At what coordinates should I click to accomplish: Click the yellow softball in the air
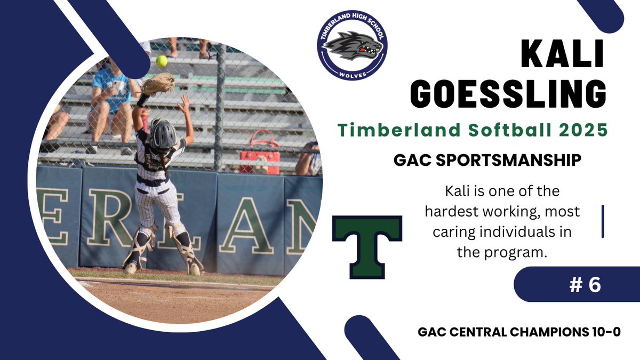(161, 61)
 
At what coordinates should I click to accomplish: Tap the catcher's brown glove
(158, 84)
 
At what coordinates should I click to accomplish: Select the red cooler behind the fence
(260, 154)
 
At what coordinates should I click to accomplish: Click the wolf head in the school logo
(353, 46)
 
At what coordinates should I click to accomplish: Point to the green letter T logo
(367, 246)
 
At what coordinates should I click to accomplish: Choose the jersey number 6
(593, 284)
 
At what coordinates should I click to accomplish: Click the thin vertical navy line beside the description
(602, 221)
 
